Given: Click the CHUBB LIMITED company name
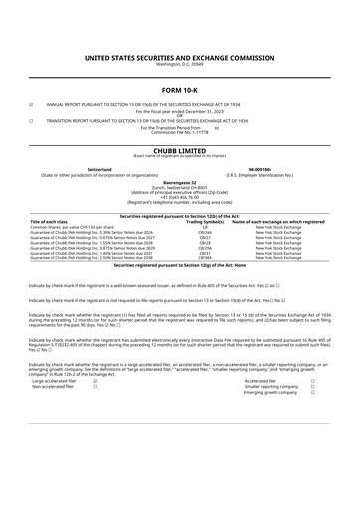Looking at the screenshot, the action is point(179,149).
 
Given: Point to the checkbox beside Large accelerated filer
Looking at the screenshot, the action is point(94,380).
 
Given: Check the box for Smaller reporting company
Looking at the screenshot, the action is point(312,386).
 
